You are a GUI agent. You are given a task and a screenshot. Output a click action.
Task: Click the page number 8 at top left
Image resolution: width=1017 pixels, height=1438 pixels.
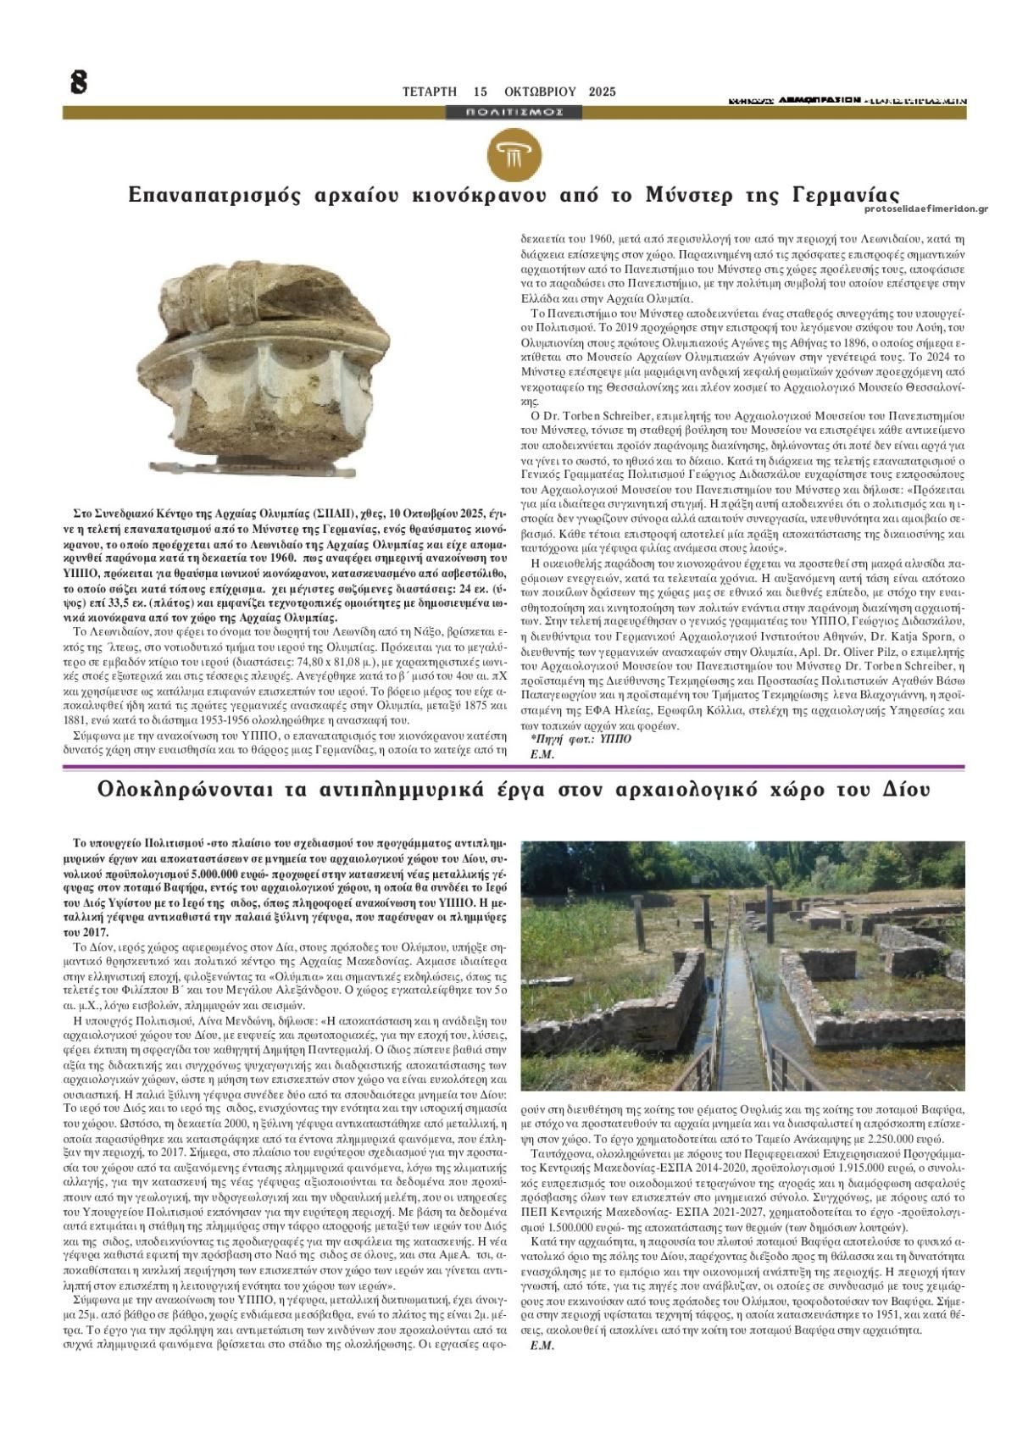78,82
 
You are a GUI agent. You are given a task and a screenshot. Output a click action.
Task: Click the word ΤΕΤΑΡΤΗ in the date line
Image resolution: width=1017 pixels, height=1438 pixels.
430,92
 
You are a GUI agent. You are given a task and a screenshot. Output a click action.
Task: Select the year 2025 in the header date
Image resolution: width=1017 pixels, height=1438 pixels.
602,92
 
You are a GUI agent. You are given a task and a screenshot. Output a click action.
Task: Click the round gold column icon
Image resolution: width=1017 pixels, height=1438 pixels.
514,155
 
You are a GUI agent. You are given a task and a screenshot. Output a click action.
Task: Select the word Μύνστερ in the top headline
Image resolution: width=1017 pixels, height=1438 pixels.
692,194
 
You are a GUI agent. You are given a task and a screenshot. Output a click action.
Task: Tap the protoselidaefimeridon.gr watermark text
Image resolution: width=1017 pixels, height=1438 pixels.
926,208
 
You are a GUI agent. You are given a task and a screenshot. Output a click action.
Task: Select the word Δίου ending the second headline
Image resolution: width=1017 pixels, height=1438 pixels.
905,790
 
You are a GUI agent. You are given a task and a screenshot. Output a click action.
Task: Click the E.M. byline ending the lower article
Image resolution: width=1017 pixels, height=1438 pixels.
542,1346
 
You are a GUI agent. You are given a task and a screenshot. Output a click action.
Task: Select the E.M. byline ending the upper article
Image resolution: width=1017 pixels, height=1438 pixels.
542,753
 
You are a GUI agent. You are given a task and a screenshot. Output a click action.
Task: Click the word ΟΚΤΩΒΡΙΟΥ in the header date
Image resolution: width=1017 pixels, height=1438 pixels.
539,92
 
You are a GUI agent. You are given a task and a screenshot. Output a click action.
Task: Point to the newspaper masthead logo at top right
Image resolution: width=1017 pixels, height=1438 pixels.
847,100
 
